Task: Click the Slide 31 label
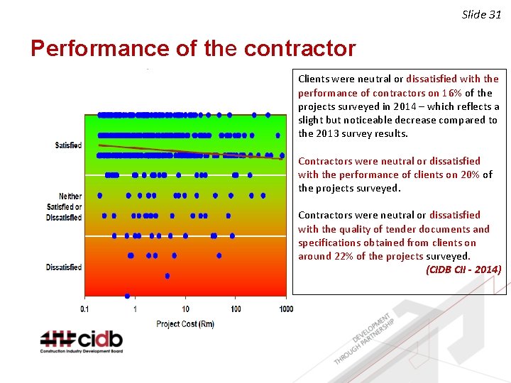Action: [481, 14]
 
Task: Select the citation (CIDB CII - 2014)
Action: [463, 270]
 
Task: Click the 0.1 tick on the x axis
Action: [85, 309]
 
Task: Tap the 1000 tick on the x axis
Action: [285, 309]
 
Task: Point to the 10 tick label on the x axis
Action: [185, 309]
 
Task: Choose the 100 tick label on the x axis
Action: [236, 309]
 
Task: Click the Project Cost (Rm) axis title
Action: [185, 324]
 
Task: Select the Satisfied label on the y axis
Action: [68, 145]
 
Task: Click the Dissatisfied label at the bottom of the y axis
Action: [64, 267]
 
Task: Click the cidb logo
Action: [81, 341]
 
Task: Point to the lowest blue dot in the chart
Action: [127, 296]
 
